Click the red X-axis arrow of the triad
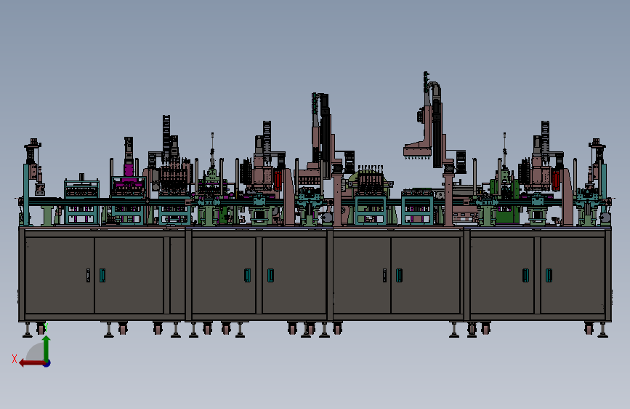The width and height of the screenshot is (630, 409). [x=32, y=363]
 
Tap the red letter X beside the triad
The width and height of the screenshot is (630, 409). [x=15, y=359]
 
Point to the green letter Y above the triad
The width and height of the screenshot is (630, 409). [x=46, y=327]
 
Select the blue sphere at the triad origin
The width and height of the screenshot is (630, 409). [x=47, y=363]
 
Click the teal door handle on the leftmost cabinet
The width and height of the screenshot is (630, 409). [x=102, y=275]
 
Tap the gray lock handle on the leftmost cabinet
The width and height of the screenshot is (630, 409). [x=89, y=275]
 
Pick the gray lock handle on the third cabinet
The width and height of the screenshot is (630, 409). [x=384, y=275]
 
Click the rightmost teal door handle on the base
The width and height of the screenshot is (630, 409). [x=549, y=275]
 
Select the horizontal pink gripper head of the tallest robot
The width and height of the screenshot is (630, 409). [x=418, y=150]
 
